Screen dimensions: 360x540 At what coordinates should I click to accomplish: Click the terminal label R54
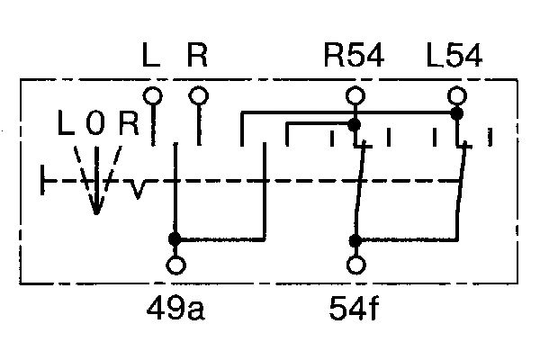point(354,58)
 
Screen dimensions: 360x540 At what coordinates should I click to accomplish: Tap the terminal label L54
point(454,58)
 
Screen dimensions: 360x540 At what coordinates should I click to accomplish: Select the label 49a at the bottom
point(177,310)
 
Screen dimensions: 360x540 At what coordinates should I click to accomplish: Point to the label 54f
point(355,310)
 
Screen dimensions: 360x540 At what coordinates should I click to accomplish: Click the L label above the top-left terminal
point(152,58)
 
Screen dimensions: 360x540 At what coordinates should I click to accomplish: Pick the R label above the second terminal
point(197,58)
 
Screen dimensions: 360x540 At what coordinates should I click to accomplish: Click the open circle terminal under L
point(153,94)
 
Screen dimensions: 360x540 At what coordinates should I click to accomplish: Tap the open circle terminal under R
point(198,94)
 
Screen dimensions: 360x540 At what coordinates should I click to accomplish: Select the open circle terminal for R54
point(355,94)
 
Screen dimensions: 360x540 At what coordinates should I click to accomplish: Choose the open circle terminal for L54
point(456,94)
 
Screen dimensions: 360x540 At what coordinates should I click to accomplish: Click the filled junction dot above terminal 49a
point(175,239)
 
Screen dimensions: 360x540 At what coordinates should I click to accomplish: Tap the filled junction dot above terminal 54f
point(356,240)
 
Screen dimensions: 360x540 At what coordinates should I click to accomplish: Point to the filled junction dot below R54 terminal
point(355,124)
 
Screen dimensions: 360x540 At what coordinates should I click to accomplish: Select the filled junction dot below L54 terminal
point(456,114)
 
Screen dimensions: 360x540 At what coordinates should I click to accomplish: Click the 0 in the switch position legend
point(94,124)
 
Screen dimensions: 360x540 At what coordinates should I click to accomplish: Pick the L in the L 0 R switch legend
point(65,124)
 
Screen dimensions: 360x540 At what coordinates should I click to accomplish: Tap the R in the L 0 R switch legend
point(128,124)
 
